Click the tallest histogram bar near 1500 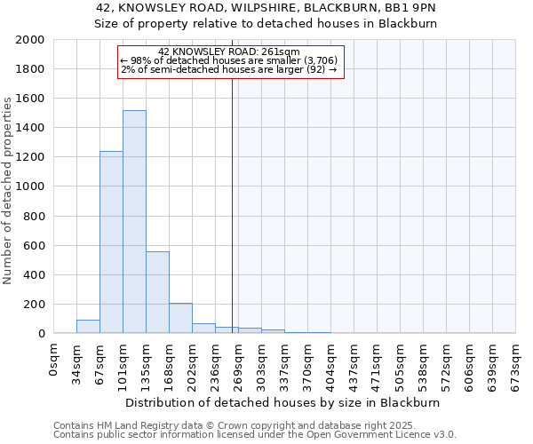[x=134, y=222]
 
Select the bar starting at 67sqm [x=111, y=242]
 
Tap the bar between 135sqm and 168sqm [x=157, y=292]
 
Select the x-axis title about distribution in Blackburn [x=284, y=402]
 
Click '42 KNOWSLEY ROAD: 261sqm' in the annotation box [x=229, y=52]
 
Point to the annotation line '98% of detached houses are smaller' [x=229, y=60]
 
